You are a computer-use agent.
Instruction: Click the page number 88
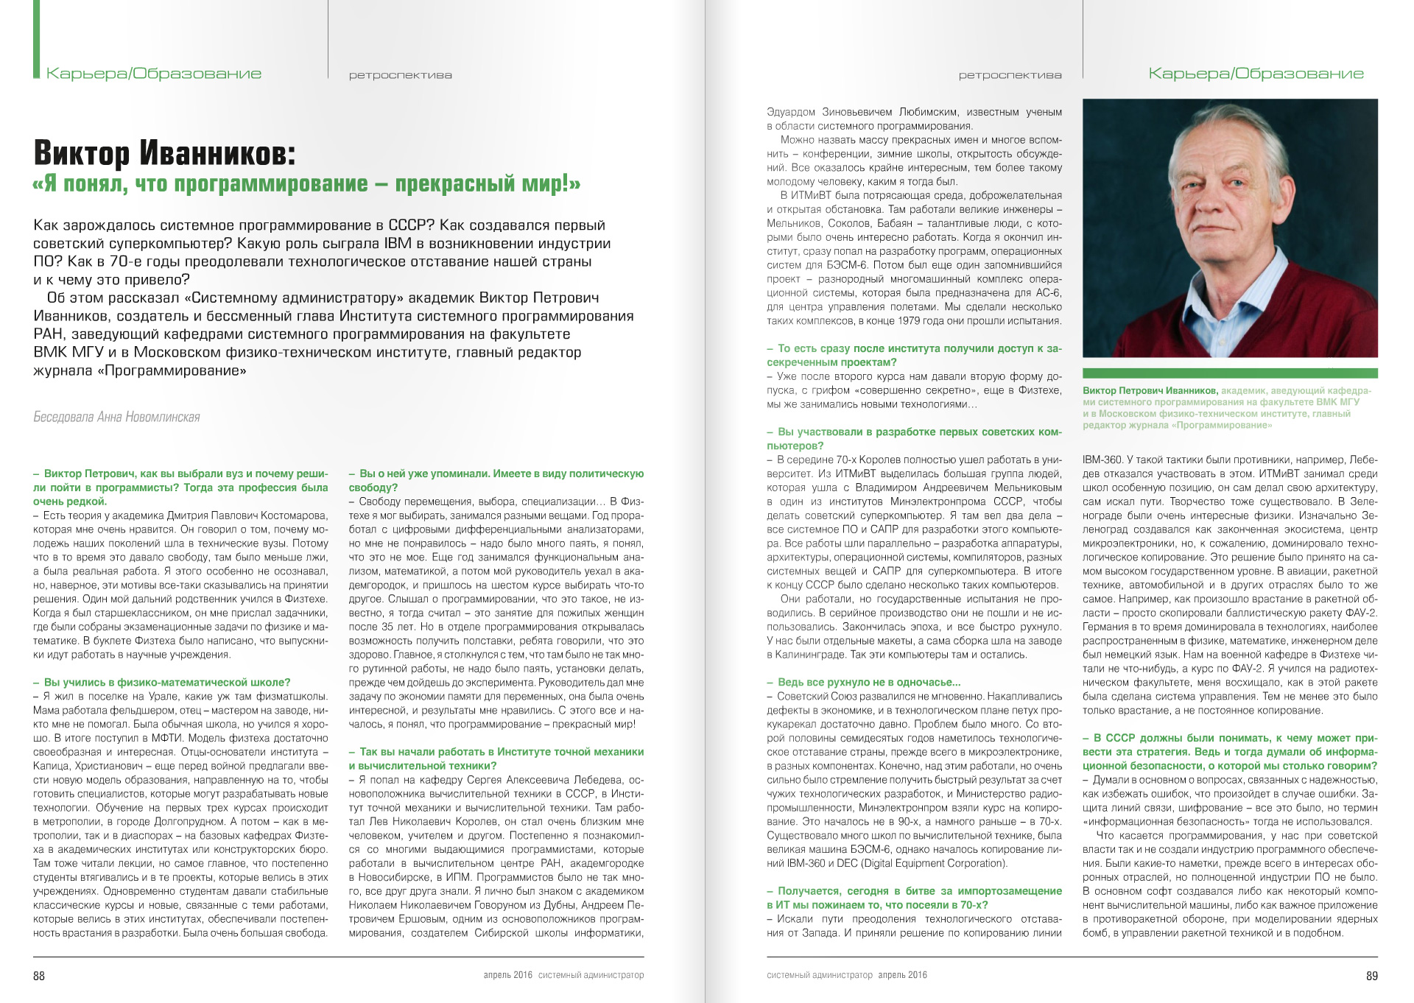(39, 976)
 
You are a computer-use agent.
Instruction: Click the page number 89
(1371, 976)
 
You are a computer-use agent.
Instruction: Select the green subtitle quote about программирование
(306, 183)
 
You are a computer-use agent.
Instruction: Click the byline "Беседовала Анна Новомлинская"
(116, 417)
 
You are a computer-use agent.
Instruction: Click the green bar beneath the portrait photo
(1229, 373)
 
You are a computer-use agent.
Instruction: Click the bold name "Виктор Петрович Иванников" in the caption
(1149, 391)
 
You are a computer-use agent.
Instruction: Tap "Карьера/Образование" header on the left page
(154, 74)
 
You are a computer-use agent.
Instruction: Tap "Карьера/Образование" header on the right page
(1256, 74)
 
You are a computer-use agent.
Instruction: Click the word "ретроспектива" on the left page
(400, 75)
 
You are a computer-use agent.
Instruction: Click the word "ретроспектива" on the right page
(1010, 75)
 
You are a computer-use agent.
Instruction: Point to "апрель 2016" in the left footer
(507, 975)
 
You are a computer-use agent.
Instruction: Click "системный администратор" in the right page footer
(819, 975)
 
